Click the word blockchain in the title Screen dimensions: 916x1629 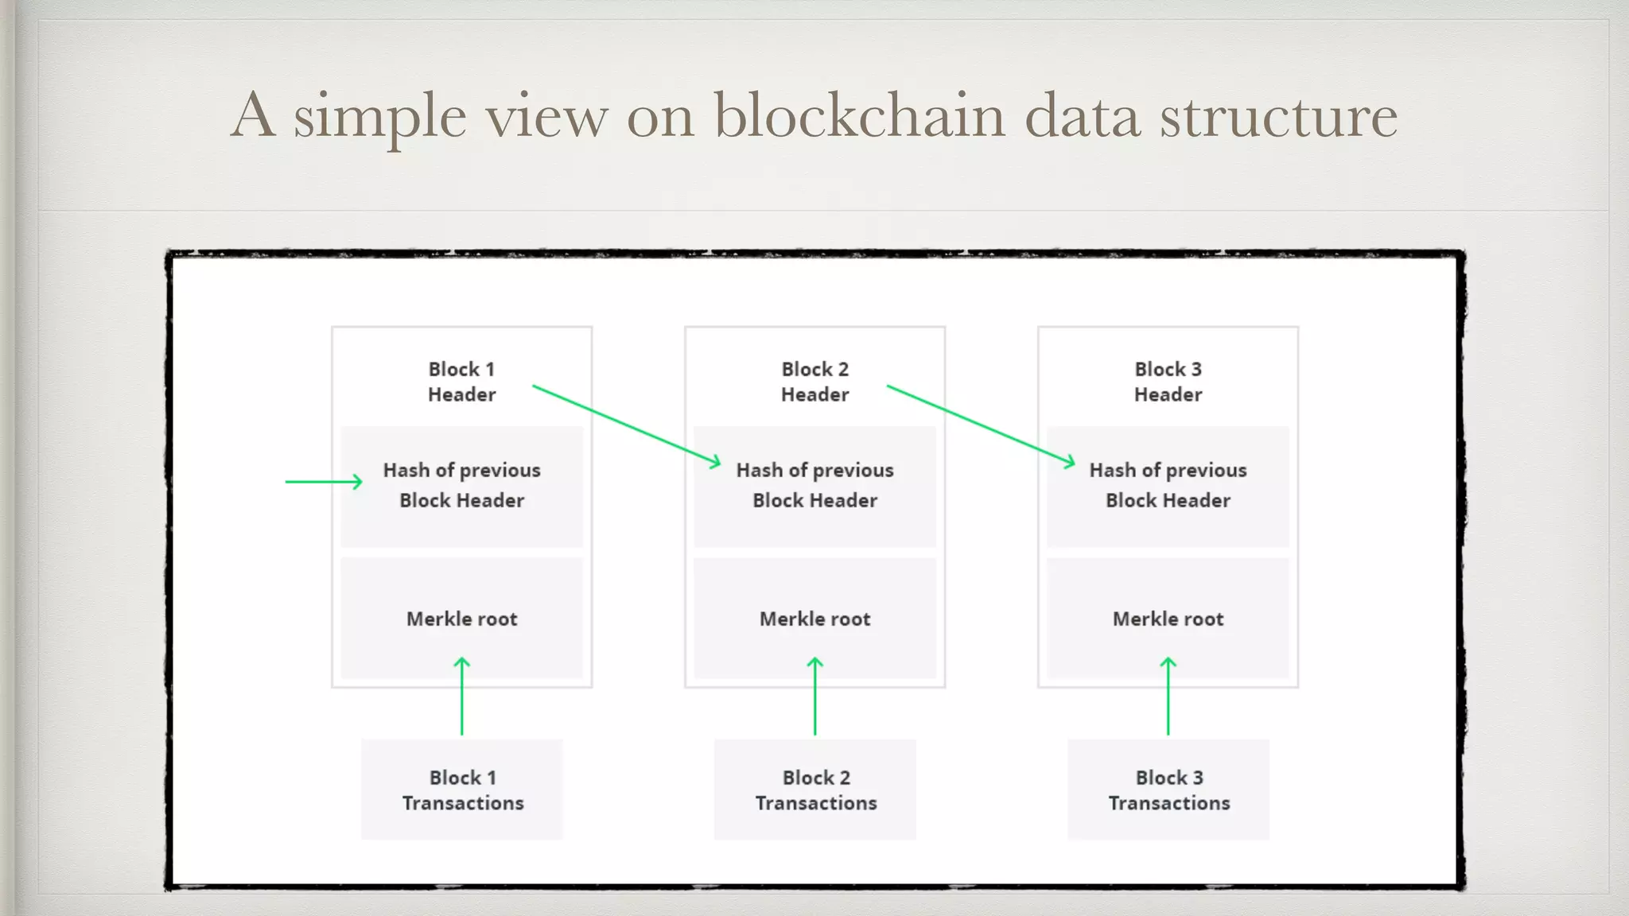tap(859, 115)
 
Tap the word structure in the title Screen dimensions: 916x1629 tap(1278, 115)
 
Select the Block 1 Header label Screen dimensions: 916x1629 tap(461, 382)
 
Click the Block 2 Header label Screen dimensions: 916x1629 tap(814, 382)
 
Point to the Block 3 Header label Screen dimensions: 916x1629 tap(1168, 382)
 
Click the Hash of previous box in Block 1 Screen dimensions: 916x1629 tap(461, 486)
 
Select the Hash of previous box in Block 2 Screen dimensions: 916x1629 tap(814, 486)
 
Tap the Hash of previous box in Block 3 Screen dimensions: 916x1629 tap(1168, 486)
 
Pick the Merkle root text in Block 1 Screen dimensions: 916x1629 tap(461, 619)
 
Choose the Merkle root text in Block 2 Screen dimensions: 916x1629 tap(814, 619)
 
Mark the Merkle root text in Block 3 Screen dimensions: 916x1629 tap(1168, 619)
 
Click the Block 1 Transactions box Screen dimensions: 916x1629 tap(462, 790)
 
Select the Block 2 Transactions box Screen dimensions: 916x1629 tap(815, 790)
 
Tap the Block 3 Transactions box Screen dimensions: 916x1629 tap(1168, 790)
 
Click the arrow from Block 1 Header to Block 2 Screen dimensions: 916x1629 tap(627, 425)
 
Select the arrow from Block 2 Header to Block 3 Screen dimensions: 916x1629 tap(981, 425)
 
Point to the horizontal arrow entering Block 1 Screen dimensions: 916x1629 tap(323, 481)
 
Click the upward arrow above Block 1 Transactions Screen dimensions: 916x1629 tap(461, 696)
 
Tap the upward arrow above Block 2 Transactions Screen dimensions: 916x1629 tap(814, 696)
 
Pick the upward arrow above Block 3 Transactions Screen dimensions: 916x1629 tap(1168, 696)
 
